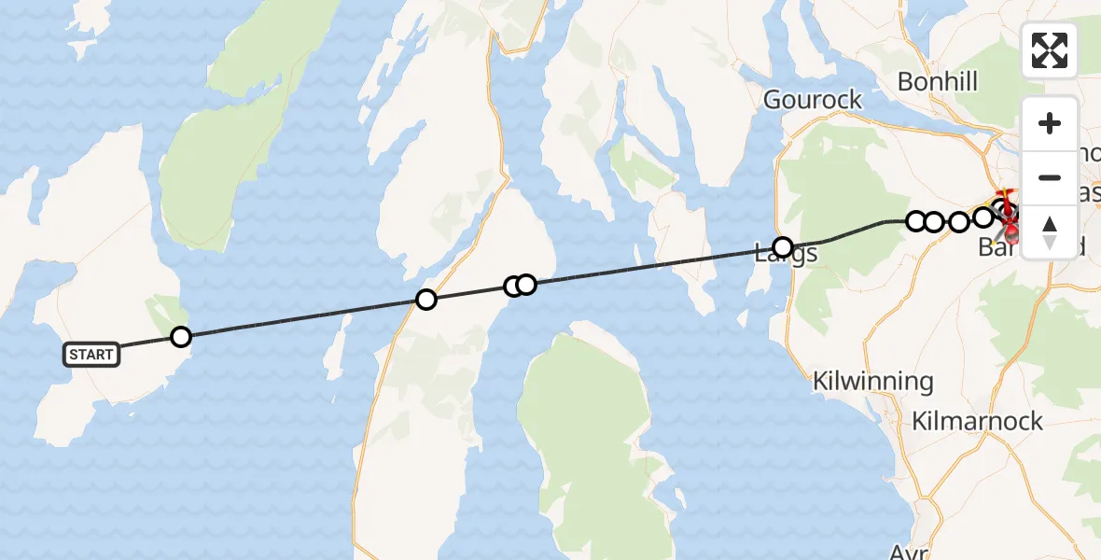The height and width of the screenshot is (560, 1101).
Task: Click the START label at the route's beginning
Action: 91,354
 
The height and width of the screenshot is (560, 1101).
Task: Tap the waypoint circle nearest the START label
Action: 181,337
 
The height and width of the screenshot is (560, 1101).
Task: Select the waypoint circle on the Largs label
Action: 783,247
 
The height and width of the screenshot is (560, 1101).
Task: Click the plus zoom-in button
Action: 1050,123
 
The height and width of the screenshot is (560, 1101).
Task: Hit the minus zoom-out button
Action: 1050,177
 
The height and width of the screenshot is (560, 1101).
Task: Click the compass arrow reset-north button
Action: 1050,231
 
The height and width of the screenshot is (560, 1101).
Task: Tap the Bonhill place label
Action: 938,82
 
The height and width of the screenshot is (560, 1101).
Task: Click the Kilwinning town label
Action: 872,381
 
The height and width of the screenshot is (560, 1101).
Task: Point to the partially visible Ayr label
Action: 903,552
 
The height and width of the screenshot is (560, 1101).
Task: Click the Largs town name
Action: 787,254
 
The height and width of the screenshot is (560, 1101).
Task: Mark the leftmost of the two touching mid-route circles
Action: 513,287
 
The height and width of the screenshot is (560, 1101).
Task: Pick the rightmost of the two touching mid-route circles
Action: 526,284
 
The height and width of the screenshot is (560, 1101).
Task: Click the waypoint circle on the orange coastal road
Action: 426,300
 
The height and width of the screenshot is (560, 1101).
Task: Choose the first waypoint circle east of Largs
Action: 916,221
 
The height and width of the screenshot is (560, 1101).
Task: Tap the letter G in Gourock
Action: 773,100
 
